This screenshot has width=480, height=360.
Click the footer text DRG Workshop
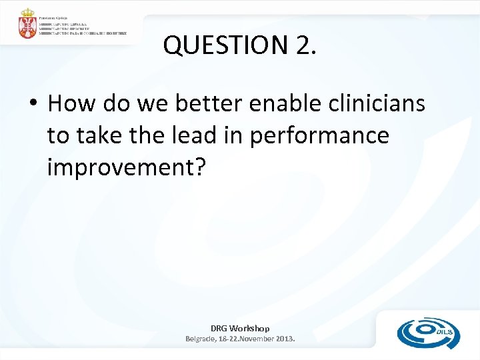point(240,328)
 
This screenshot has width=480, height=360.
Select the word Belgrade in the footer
point(203,339)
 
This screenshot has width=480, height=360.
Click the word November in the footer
point(253,339)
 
